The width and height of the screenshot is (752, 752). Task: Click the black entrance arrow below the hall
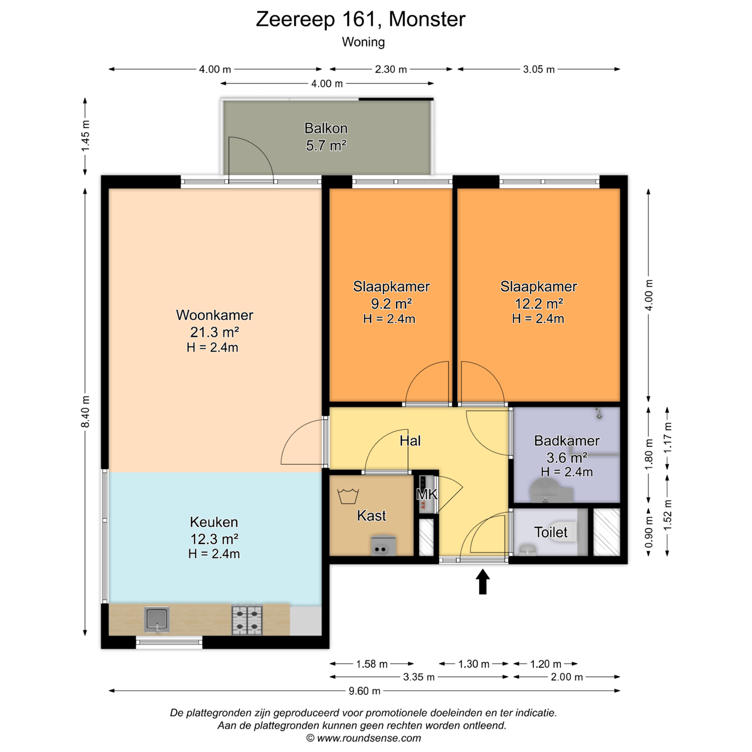tap(483, 582)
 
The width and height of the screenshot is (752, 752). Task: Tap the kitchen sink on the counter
tap(157, 620)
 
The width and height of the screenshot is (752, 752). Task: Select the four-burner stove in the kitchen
tap(247, 620)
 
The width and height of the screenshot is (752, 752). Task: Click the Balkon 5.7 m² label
tap(326, 137)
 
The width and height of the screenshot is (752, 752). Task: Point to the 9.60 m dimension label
tap(364, 691)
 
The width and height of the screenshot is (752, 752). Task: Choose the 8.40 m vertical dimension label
tap(85, 412)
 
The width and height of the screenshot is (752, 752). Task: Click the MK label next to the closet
tap(427, 494)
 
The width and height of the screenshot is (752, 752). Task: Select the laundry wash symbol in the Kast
tap(348, 496)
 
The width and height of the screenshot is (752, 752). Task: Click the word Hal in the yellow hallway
tap(410, 441)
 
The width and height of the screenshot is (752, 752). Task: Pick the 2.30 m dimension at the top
tap(391, 69)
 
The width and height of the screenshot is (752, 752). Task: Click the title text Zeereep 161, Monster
tap(360, 19)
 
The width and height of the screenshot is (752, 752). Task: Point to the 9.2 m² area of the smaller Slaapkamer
tap(392, 304)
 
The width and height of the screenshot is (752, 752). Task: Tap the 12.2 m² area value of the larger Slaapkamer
tap(539, 304)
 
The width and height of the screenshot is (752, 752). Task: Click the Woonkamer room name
tap(214, 315)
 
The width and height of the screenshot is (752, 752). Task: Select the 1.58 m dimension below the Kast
tap(372, 664)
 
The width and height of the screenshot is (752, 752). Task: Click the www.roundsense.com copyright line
tap(364, 738)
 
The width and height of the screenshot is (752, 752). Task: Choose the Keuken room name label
tap(214, 522)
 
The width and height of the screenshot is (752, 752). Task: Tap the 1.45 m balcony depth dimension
tap(85, 136)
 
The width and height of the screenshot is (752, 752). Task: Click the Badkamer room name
tap(567, 441)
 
